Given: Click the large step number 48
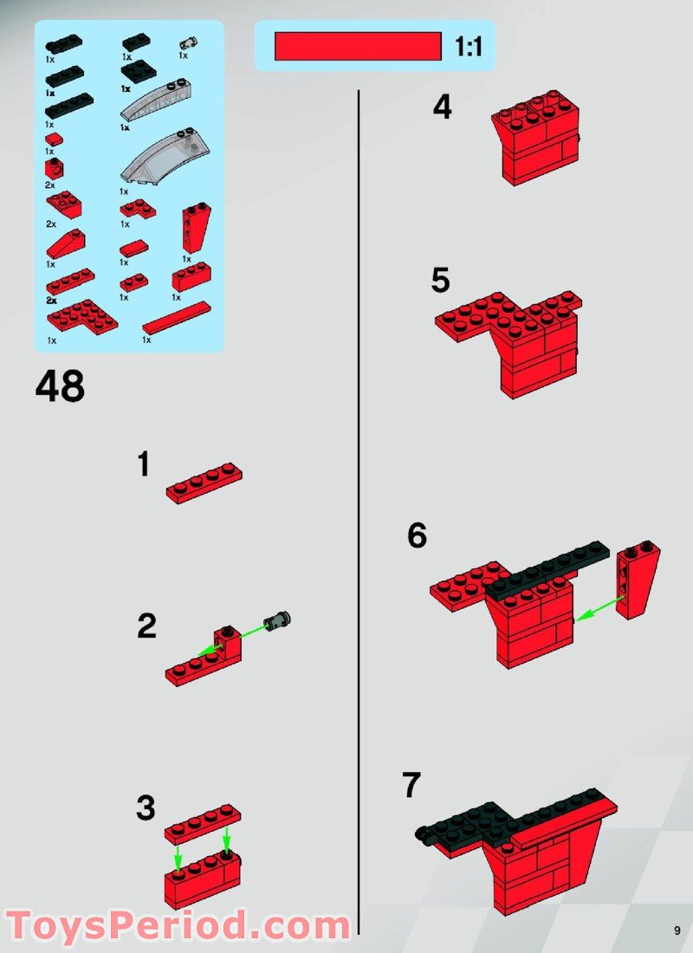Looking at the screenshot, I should pyautogui.click(x=60, y=386).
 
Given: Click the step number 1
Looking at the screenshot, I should pyautogui.click(x=144, y=465).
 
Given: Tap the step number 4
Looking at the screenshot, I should pyautogui.click(x=443, y=108).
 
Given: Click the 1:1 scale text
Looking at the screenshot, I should pyautogui.click(x=468, y=47).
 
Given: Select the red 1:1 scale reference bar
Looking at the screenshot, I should pyautogui.click(x=358, y=47).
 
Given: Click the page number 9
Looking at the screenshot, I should pyautogui.click(x=677, y=931).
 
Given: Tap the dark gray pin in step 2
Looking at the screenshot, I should pyautogui.click(x=279, y=620).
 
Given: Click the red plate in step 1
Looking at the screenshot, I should pyautogui.click(x=204, y=483).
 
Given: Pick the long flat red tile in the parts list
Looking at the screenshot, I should pyautogui.click(x=176, y=318).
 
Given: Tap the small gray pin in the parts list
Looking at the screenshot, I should pyautogui.click(x=186, y=43).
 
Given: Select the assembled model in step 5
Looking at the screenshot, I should pyautogui.click(x=511, y=338).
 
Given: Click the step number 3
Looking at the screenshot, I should pyautogui.click(x=146, y=809).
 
